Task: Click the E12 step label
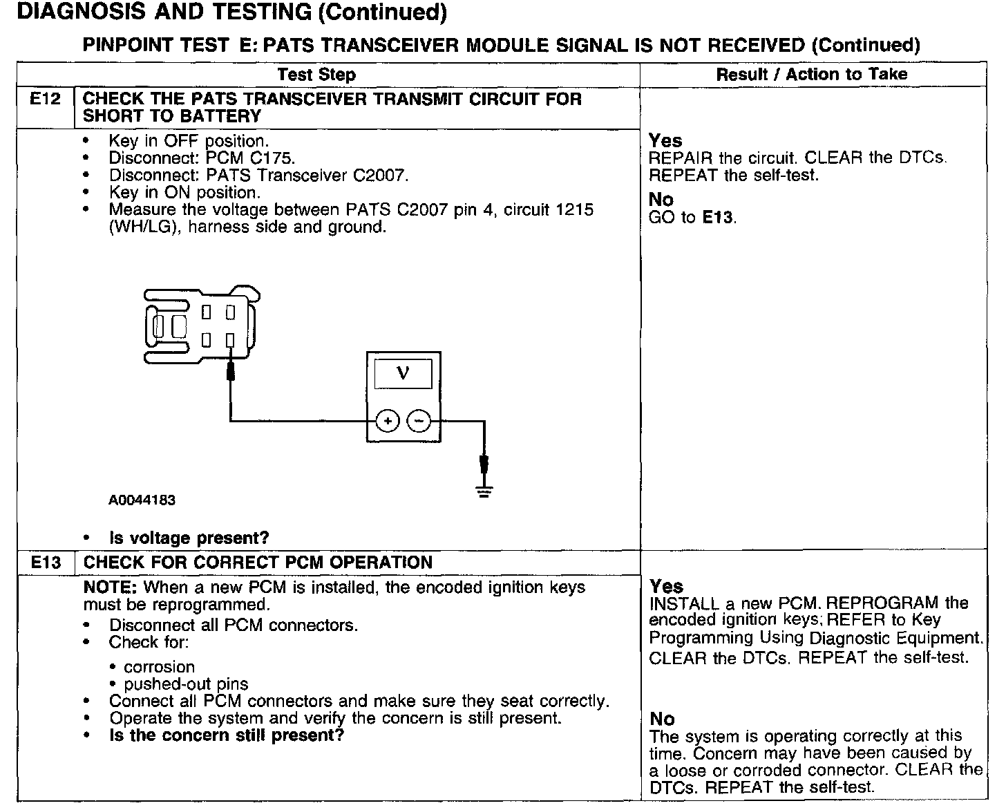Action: point(46,100)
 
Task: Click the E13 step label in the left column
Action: point(46,563)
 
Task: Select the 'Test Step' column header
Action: point(316,75)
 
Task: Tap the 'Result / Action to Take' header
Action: point(812,74)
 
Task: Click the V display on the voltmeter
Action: point(404,375)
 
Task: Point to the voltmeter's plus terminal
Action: point(388,420)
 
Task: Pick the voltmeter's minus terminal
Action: point(418,420)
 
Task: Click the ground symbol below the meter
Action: point(484,491)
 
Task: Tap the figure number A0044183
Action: point(142,500)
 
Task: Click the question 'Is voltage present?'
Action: point(189,538)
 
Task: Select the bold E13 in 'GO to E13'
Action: point(718,218)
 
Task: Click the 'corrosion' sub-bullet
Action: point(160,667)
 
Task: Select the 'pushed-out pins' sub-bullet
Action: point(186,684)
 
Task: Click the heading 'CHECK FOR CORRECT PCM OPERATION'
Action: point(258,563)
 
